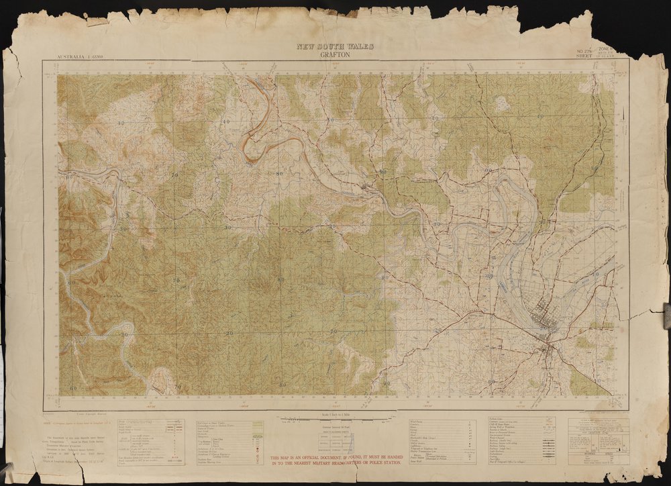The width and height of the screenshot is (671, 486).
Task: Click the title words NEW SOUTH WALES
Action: click(x=335, y=47)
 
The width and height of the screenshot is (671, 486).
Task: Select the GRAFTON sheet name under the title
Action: click(x=335, y=54)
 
